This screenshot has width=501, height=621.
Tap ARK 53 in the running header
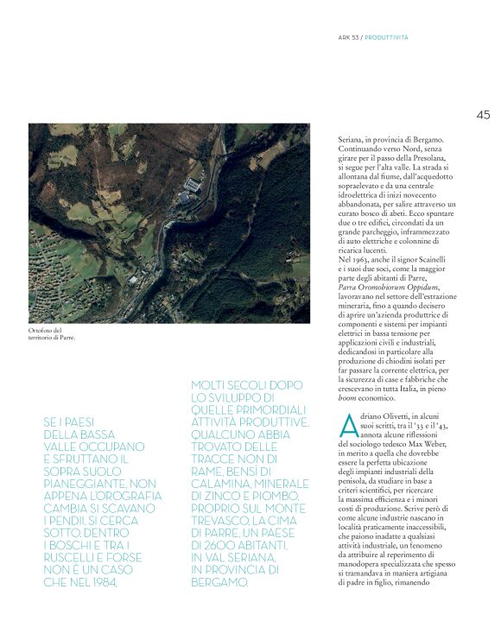tap(348, 37)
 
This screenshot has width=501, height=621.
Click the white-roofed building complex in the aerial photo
tap(195, 184)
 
